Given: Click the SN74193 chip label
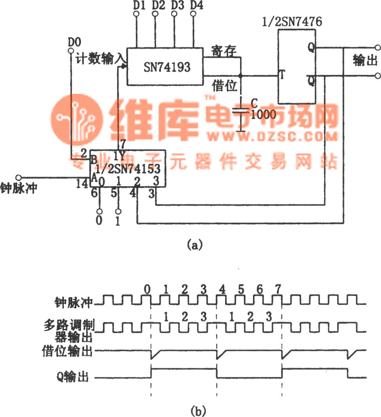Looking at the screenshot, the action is click(167, 67).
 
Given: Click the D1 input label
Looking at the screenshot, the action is click(139, 5).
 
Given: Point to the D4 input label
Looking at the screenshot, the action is click(195, 5).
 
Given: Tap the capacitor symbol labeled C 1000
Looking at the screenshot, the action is click(242, 111).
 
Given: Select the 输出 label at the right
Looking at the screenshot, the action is click(365, 61).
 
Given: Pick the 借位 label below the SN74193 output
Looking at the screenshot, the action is click(223, 86).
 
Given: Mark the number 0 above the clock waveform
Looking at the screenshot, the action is click(148, 289).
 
